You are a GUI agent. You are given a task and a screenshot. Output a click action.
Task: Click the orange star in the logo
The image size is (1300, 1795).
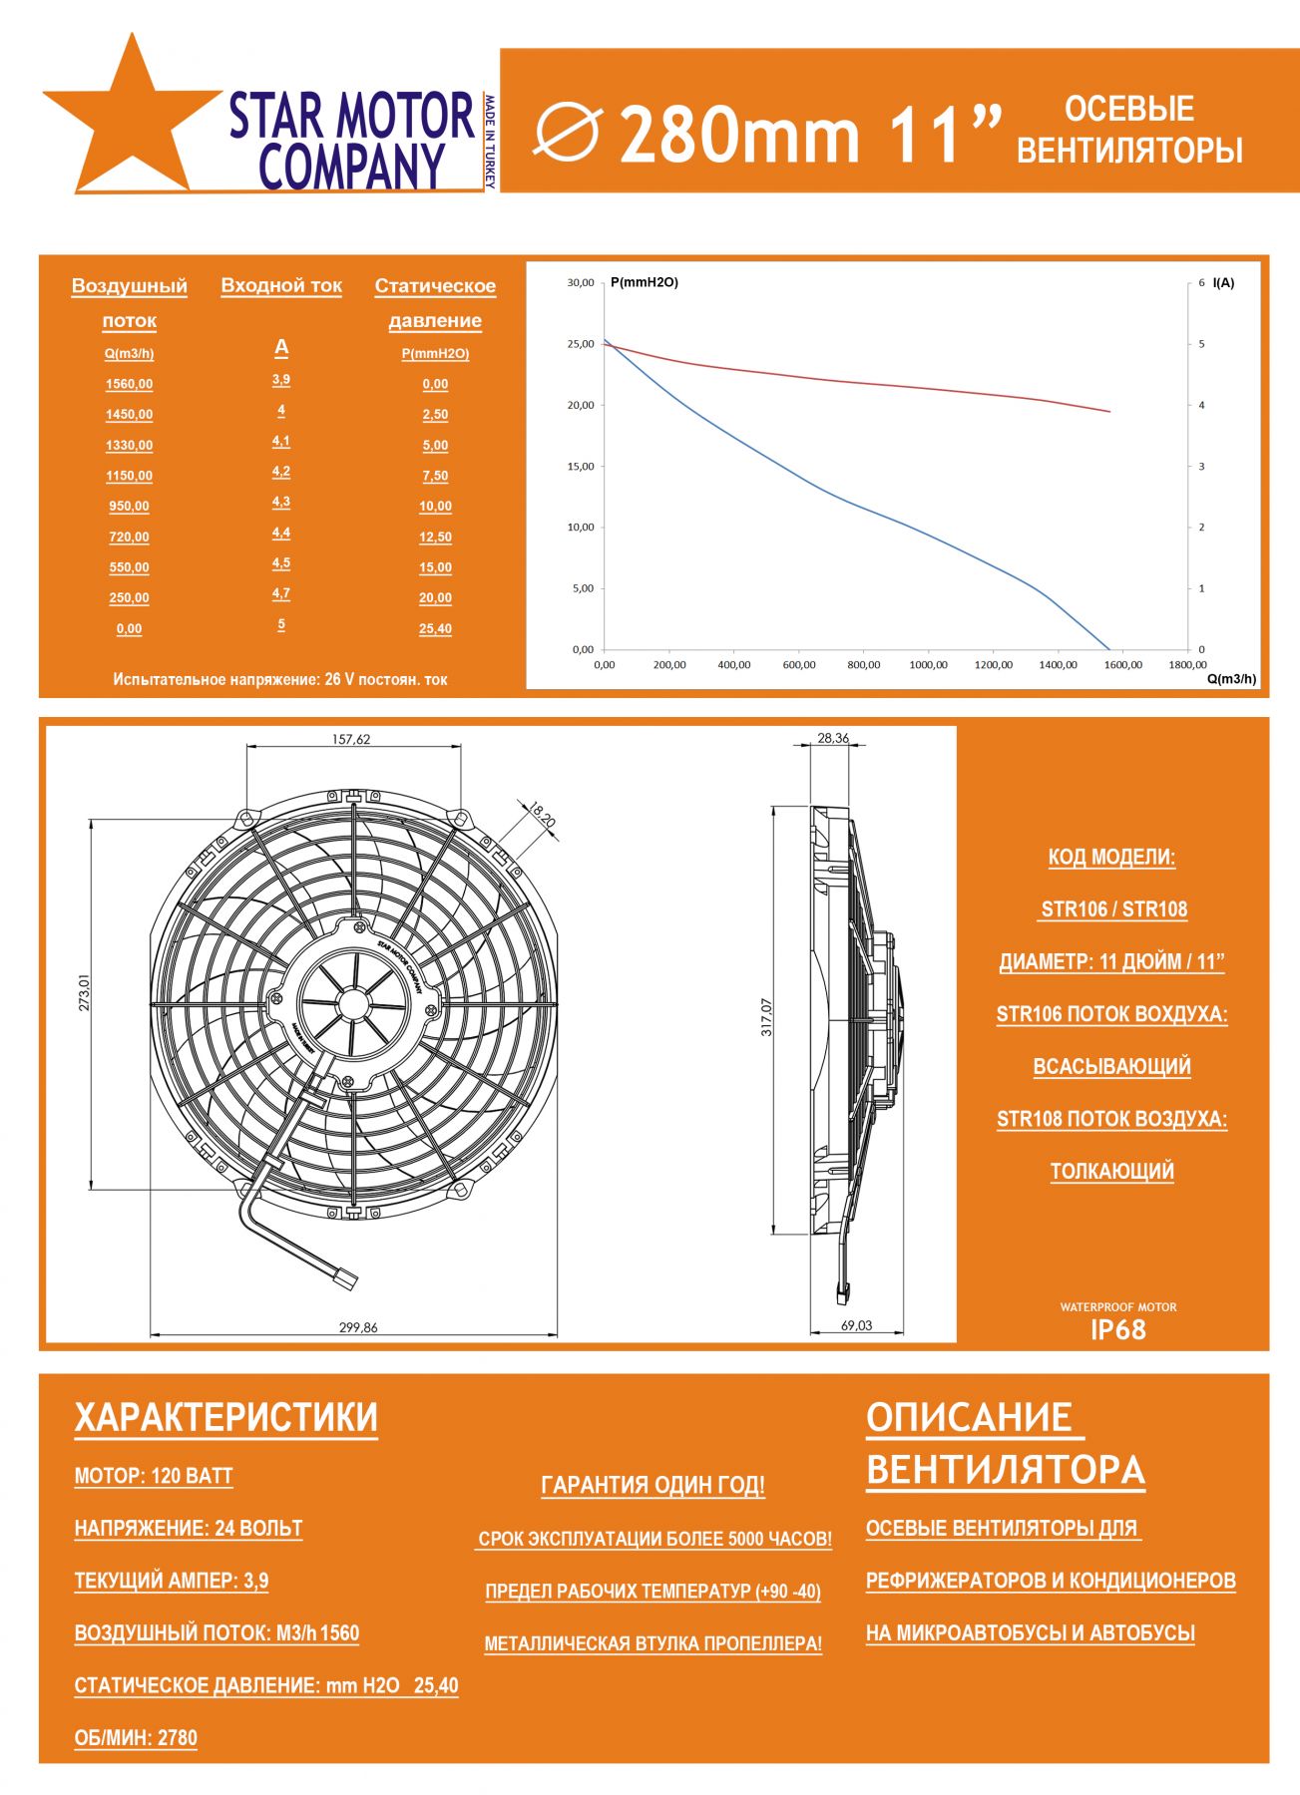(x=130, y=125)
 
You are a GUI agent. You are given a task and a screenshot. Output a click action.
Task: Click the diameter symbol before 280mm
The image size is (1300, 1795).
(x=568, y=133)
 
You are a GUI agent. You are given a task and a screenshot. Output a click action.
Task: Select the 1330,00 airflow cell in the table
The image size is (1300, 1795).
(x=130, y=446)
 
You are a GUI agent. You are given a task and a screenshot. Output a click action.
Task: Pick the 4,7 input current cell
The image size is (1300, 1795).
(x=281, y=593)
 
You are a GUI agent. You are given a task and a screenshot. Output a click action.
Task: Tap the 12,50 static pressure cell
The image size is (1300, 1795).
(x=435, y=537)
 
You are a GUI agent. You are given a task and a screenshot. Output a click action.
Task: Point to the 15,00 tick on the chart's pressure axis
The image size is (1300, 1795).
(x=581, y=466)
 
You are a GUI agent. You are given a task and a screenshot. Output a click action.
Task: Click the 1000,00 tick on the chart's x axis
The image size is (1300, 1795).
(x=928, y=665)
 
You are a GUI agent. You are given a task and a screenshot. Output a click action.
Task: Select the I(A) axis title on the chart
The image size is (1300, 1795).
(x=1223, y=283)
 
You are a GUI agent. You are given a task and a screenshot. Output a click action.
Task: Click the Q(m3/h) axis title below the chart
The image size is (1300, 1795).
(x=1231, y=679)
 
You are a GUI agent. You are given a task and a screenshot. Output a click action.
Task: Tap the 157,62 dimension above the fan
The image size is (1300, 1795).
(x=351, y=739)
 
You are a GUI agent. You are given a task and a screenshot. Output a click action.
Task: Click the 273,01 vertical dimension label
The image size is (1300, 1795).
(x=84, y=993)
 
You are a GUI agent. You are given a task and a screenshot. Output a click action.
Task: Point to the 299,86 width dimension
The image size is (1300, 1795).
(x=358, y=1327)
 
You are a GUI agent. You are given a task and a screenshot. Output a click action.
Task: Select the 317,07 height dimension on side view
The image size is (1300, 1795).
(x=766, y=1016)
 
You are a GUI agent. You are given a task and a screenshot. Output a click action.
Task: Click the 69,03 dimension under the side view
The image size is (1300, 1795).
(x=856, y=1325)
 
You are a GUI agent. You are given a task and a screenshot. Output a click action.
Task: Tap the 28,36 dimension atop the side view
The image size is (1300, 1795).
(x=833, y=738)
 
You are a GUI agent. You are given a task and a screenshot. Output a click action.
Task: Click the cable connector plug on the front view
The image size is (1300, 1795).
(x=345, y=1277)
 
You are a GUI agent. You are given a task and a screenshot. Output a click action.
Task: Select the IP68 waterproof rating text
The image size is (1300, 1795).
(x=1117, y=1329)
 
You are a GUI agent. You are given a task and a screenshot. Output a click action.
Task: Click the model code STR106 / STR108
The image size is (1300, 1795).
(x=1113, y=908)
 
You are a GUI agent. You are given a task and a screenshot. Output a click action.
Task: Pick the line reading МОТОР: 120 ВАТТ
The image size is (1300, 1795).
(x=154, y=1476)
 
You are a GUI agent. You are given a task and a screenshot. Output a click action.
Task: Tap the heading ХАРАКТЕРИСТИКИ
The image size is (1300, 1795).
(x=226, y=1417)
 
